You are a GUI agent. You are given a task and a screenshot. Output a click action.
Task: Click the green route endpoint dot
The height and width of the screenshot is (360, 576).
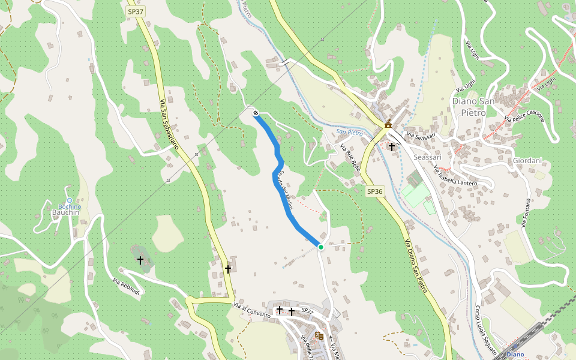[321, 247]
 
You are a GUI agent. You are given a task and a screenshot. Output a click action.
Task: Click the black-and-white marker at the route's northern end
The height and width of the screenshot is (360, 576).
[256, 112]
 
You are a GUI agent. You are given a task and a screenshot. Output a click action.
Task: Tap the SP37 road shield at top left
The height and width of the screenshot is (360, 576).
[135, 11]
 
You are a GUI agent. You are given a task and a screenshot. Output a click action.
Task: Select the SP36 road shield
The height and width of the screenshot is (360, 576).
[374, 191]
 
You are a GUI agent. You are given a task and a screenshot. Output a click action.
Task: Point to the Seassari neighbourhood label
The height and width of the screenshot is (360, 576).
[428, 157]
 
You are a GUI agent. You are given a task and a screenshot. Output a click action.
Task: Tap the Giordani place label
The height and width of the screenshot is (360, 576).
[527, 161]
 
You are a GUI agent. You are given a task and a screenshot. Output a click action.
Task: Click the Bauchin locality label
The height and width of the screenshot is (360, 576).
[66, 212]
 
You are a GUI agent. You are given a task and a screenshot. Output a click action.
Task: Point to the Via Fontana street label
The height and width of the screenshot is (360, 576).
[526, 213]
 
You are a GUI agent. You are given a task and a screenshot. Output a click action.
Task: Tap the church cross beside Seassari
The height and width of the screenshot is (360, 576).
[392, 146]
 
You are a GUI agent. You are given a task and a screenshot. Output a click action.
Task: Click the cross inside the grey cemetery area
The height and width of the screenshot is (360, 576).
[140, 260]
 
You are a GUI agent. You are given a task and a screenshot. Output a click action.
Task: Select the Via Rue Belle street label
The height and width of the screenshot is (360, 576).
[350, 158]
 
